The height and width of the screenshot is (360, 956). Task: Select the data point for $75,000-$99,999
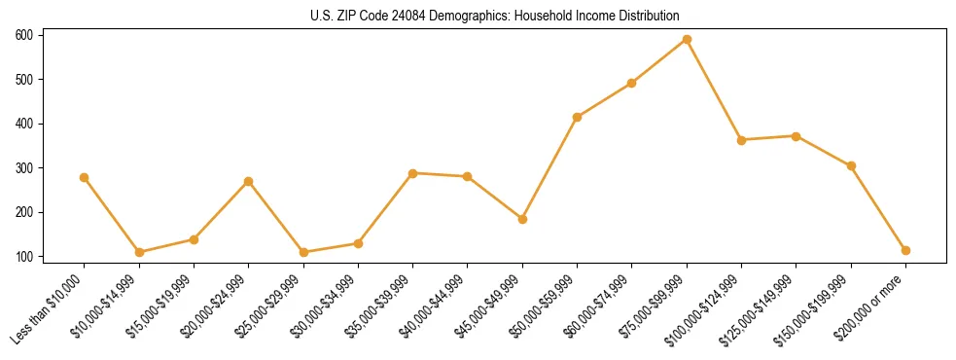pyautogui.click(x=687, y=40)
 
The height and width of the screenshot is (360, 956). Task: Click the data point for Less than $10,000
pyautogui.click(x=85, y=178)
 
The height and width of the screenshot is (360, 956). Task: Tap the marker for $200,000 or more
pyautogui.click(x=905, y=250)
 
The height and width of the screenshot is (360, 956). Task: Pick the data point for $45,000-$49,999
pyautogui.click(x=522, y=220)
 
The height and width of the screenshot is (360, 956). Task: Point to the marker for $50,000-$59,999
pyautogui.click(x=578, y=118)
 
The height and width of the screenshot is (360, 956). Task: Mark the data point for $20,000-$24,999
pyautogui.click(x=249, y=182)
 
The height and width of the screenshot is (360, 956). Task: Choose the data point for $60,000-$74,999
pyautogui.click(x=632, y=84)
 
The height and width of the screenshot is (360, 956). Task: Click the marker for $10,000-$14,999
pyautogui.click(x=139, y=252)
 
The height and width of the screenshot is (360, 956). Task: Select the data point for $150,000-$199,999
pyautogui.click(x=851, y=166)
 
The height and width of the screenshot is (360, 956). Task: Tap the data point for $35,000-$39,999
pyautogui.click(x=413, y=173)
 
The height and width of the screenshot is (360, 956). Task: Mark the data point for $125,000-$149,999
pyautogui.click(x=797, y=136)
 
